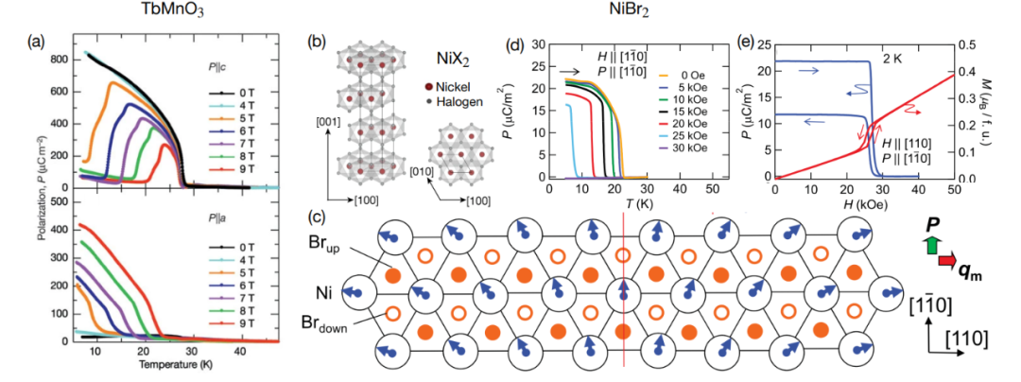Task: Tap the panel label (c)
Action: tap(319, 209)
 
